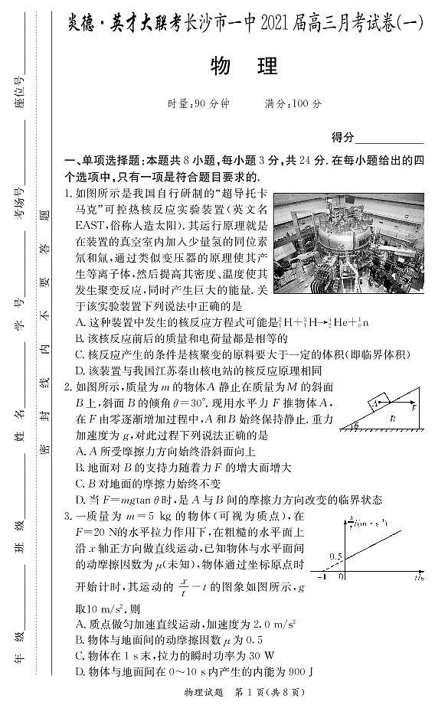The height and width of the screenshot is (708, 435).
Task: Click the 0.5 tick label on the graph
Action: pyautogui.click(x=334, y=556)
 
